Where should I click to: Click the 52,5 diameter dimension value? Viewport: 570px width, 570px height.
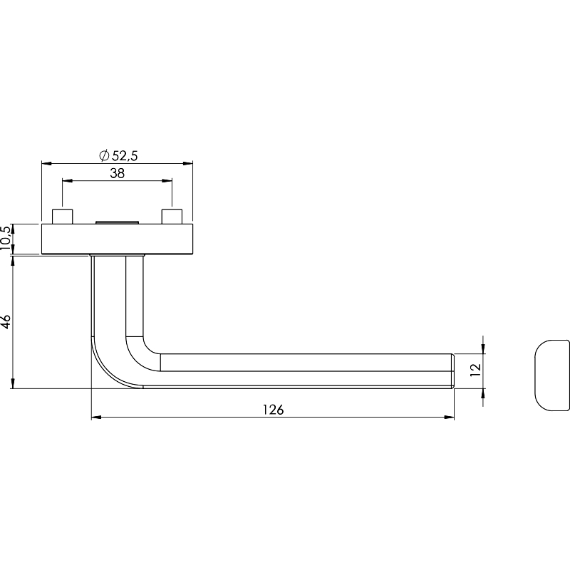point(125,155)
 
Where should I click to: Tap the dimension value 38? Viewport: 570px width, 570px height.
point(118,173)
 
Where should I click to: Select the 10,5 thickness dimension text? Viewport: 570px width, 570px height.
point(6,238)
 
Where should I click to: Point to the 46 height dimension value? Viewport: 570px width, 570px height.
point(6,322)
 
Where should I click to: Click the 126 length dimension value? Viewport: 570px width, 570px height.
point(273,410)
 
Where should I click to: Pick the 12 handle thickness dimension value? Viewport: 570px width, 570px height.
point(475,370)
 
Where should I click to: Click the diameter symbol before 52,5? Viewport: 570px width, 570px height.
point(104,155)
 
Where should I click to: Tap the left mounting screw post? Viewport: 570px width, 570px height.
point(63,217)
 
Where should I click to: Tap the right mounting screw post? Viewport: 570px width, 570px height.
point(172,217)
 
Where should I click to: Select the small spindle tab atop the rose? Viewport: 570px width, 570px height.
point(117,222)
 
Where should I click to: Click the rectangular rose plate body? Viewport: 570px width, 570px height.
point(117,239)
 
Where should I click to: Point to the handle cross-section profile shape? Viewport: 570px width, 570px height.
point(552,375)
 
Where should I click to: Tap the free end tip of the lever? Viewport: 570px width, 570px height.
point(454,370)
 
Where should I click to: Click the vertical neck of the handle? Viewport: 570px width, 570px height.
point(117,296)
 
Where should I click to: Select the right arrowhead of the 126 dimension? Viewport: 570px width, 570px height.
point(450,418)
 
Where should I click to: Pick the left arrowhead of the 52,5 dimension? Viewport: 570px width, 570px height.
point(47,164)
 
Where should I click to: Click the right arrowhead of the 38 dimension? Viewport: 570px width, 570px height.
point(167,180)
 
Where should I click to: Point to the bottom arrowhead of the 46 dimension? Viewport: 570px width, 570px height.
point(13,383)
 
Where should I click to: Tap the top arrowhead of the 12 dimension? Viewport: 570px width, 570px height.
point(483,348)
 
